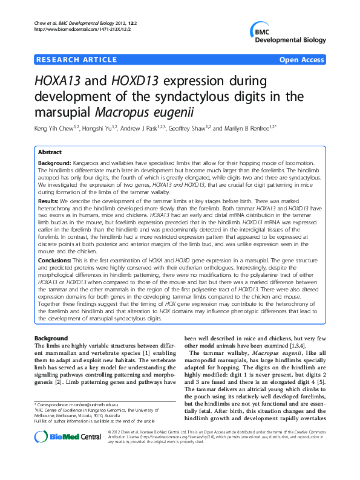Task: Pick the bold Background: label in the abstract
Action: point(54,164)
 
